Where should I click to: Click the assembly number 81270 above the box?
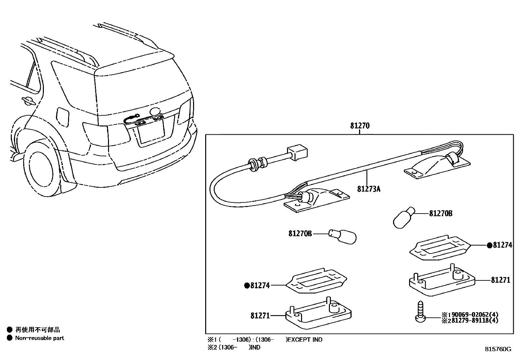360,126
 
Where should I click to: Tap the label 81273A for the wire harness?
368,189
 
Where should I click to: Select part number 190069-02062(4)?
473,314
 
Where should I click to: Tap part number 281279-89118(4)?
473,320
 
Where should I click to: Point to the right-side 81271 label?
500,280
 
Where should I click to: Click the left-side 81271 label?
260,316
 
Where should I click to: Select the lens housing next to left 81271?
319,313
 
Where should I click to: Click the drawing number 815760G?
498,349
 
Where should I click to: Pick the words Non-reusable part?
40,338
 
